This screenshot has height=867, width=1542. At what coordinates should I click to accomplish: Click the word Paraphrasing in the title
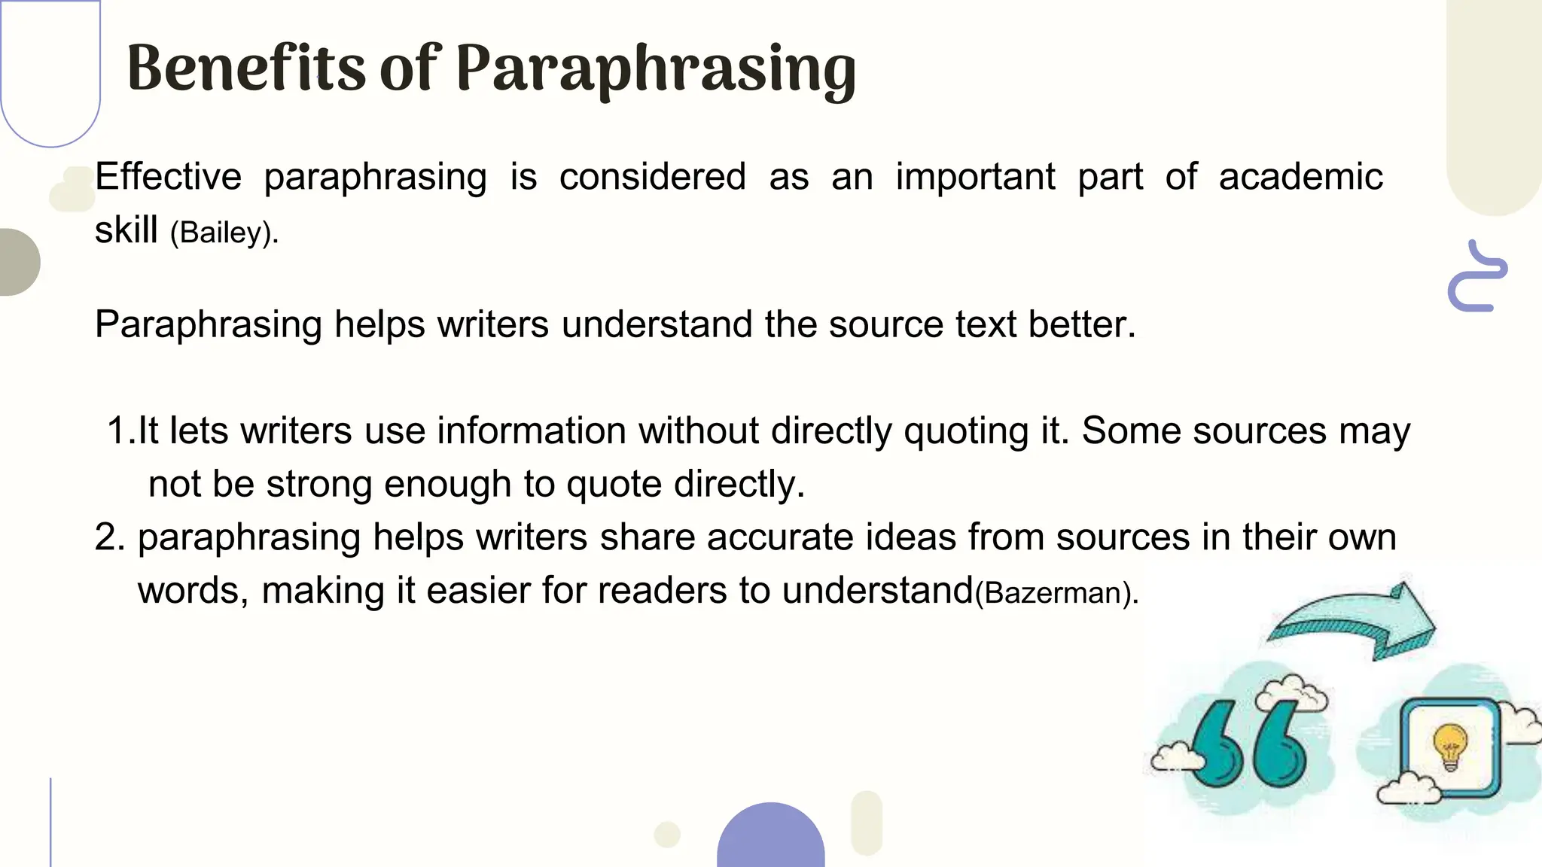[655, 69]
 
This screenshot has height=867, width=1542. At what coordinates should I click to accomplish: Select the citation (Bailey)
[224, 233]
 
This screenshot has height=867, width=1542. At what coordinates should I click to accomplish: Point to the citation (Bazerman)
[1056, 593]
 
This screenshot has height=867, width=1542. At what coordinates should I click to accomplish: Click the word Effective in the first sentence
[168, 177]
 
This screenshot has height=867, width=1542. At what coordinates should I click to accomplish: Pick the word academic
[1300, 177]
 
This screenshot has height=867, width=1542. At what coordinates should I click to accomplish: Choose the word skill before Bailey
[126, 230]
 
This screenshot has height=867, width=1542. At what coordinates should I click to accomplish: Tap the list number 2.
[110, 537]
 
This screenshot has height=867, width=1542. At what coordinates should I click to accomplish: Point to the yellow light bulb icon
[1450, 745]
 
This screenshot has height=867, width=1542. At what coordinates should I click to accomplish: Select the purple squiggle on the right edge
[1476, 276]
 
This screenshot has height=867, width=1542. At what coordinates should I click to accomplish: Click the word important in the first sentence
[975, 177]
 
